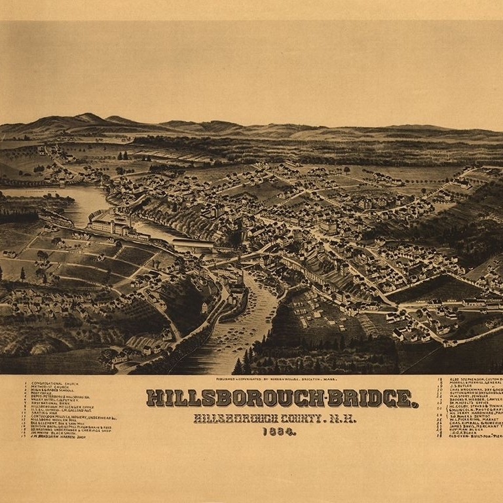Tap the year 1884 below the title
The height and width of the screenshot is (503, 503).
(x=279, y=432)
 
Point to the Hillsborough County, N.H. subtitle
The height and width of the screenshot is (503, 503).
(x=275, y=418)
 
